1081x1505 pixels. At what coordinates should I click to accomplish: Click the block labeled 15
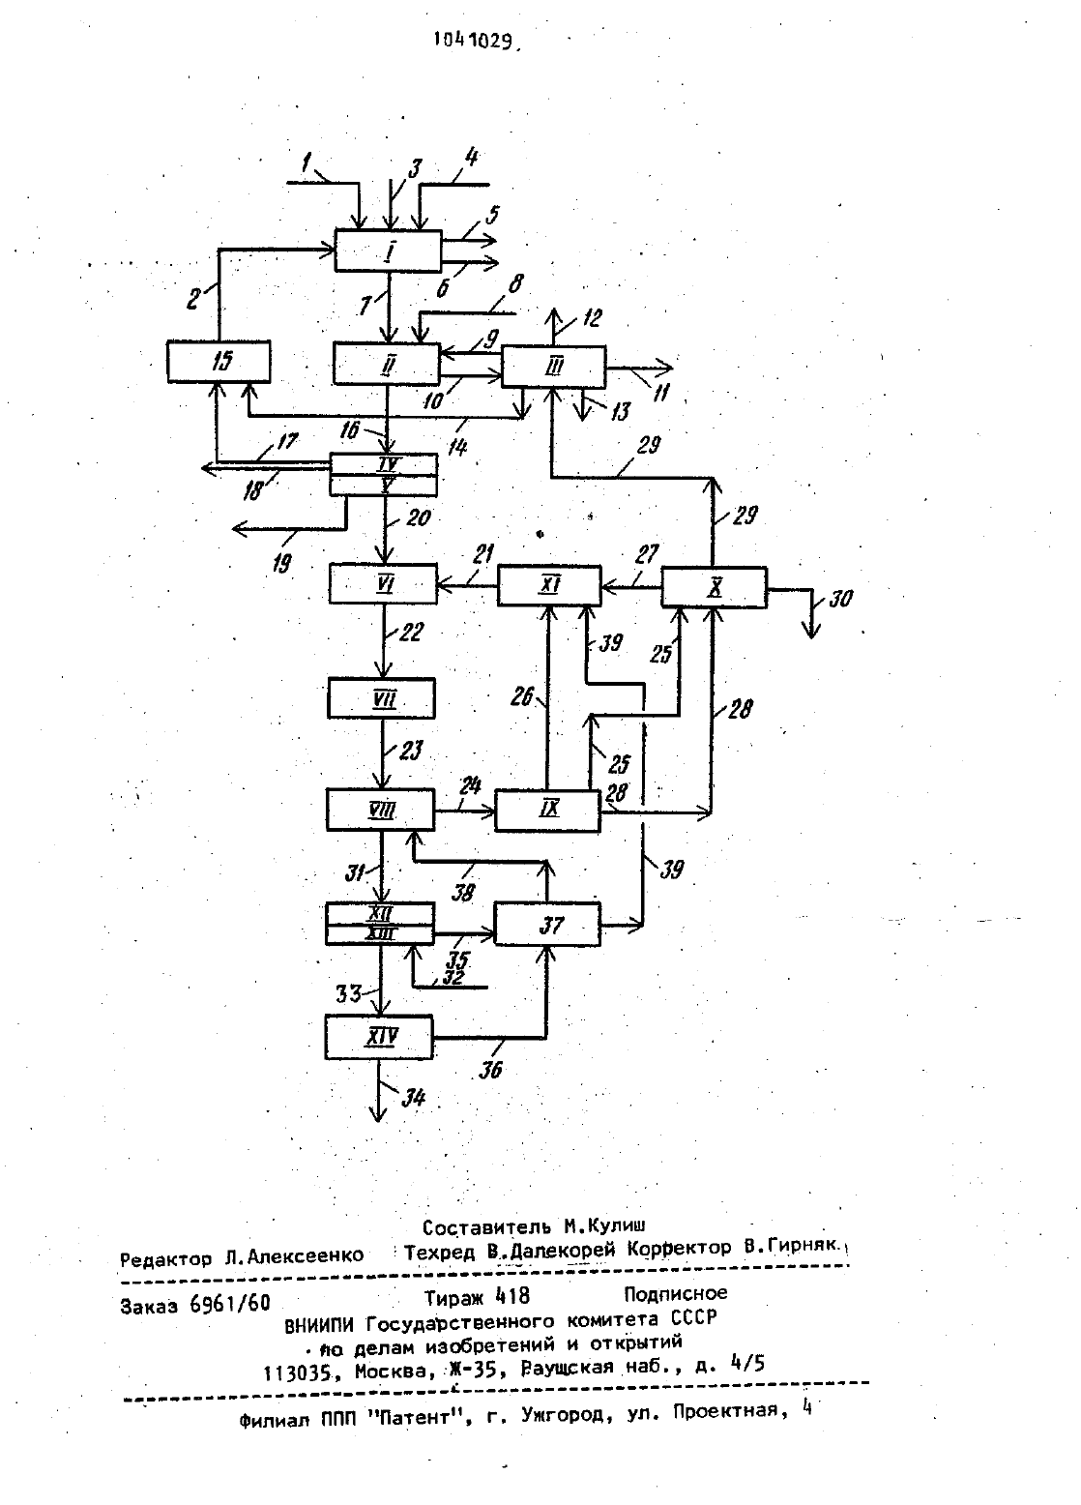[x=219, y=362]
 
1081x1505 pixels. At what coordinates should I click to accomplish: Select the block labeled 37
[x=547, y=925]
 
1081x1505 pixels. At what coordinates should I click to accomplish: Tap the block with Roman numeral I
[x=389, y=251]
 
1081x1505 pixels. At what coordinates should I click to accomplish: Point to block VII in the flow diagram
[x=381, y=698]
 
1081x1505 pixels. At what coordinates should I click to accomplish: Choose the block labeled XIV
[x=379, y=1037]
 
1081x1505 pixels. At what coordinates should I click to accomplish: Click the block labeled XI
[x=549, y=585]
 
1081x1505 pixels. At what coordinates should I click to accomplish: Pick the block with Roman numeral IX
[x=547, y=811]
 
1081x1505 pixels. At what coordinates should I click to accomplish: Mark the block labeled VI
[x=383, y=583]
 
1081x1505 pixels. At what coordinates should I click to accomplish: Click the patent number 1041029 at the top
[x=476, y=41]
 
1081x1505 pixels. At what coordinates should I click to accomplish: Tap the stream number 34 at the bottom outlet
[x=413, y=1097]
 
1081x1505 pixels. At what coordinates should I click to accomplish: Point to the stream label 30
[x=840, y=598]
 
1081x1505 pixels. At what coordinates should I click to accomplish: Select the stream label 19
[x=282, y=562]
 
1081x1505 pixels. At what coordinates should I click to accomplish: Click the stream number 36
[x=490, y=1069]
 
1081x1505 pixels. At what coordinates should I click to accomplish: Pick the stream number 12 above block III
[x=591, y=317]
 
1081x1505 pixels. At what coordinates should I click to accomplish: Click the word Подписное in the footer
[x=675, y=1293]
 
